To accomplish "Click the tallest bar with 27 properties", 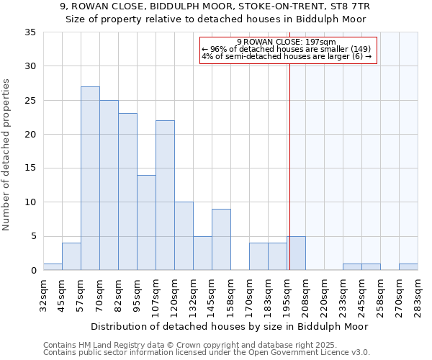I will click(x=90, y=179).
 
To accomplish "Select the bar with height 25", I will click(x=109, y=185).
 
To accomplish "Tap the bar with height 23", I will click(x=127, y=192).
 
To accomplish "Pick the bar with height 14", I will click(x=146, y=222).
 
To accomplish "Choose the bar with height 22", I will click(x=165, y=195).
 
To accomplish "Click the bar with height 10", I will click(x=184, y=236).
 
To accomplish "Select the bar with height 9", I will click(x=221, y=240).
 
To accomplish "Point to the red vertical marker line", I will click(x=289, y=166).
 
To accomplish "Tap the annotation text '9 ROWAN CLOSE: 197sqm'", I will click(x=286, y=42).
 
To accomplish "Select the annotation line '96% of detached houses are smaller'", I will click(x=286, y=49).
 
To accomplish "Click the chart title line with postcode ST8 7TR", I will click(x=215, y=6).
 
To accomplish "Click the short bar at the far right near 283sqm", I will click(x=408, y=267).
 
